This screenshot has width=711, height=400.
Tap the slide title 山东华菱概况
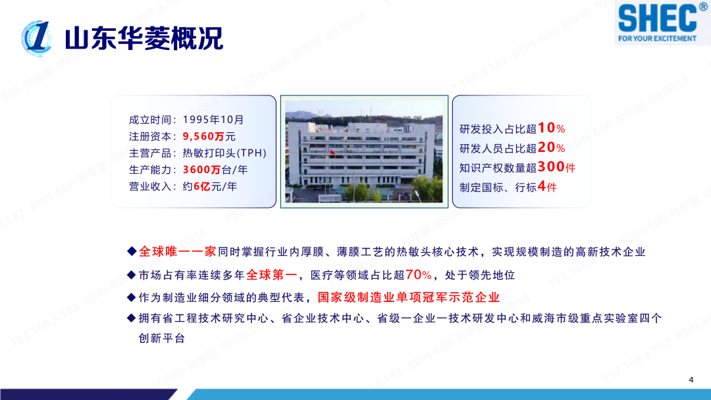tap(144, 39)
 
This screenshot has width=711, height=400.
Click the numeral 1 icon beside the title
tap(37, 37)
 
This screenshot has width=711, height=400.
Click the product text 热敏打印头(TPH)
tap(224, 153)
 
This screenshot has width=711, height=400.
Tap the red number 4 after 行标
tap(542, 187)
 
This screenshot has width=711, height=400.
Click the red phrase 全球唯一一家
tap(177, 251)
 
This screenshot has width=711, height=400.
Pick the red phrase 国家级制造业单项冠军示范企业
tap(408, 297)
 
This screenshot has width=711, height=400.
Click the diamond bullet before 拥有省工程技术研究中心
tap(131, 318)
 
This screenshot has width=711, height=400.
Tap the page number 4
tap(691, 380)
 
